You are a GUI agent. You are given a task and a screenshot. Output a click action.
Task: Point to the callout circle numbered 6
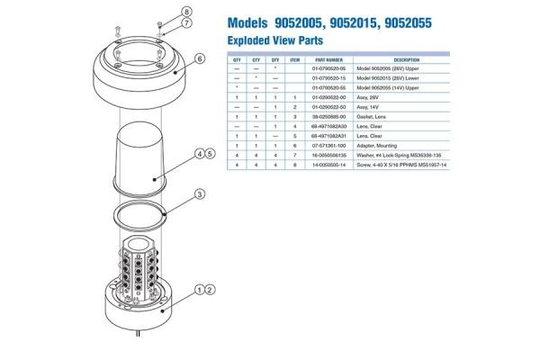[x=202, y=60]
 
